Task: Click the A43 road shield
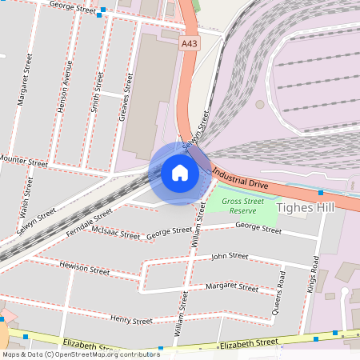coord(190,46)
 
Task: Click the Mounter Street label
coord(23,161)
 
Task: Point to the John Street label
coord(229,257)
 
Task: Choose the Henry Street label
coord(131,320)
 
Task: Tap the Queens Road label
coord(279,292)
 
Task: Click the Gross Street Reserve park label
coord(243,206)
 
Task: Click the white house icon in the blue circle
coord(179,173)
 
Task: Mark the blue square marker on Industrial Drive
coord(320,192)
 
